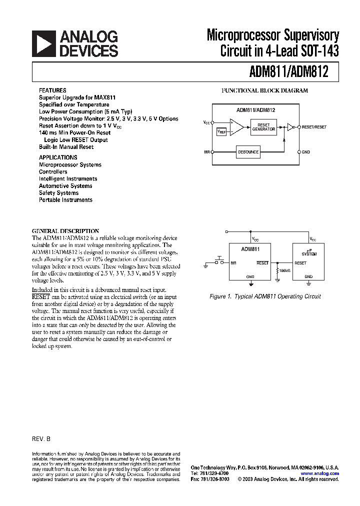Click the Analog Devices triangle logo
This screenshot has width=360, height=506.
coord(43,43)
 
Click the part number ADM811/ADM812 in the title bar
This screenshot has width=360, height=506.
coord(288,72)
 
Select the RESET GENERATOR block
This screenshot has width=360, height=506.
coord(263,127)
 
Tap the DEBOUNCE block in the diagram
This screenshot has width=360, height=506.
coord(248,151)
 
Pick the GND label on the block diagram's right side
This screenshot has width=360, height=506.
coord(306,151)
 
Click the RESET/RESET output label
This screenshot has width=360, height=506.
coord(314,127)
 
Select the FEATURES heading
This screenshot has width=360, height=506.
coord(52,90)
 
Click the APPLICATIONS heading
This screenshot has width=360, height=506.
coord(58,157)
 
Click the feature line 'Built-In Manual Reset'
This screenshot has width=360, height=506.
coord(66,147)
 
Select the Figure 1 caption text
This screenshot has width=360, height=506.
coord(264,296)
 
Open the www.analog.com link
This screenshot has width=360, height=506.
coord(320,473)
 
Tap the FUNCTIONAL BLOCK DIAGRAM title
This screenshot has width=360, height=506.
coord(265,91)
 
